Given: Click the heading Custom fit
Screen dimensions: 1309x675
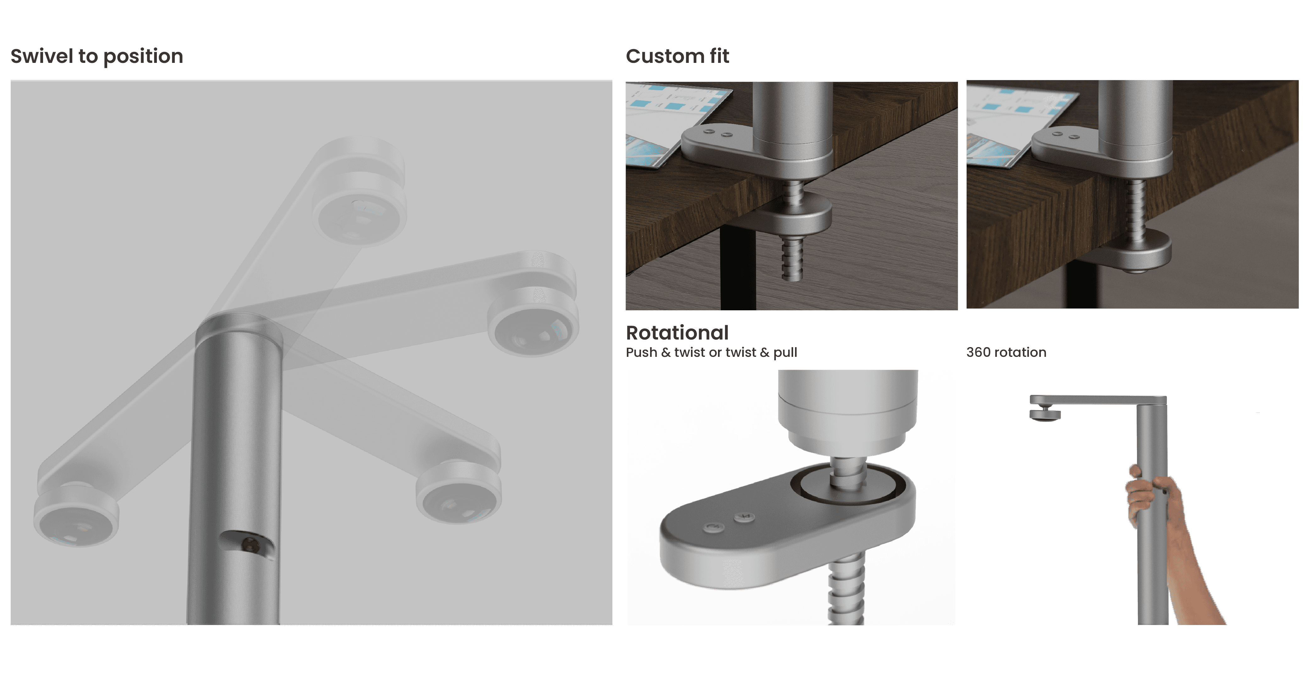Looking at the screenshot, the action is click(677, 56).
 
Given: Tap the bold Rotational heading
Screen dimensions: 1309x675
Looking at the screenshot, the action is click(677, 333).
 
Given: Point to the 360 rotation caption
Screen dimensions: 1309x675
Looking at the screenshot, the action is click(1006, 352).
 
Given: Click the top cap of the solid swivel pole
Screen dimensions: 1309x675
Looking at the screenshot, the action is click(239, 330).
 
